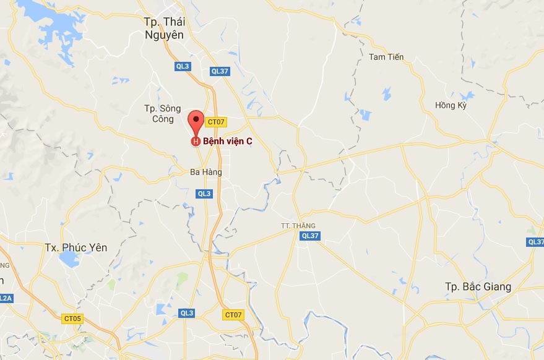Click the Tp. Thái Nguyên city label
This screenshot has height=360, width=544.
[164, 28]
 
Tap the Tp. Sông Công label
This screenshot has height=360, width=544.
[163, 114]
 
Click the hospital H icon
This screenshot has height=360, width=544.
[196, 142]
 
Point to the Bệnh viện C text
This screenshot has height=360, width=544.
[228, 141]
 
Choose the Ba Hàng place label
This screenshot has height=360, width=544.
[206, 172]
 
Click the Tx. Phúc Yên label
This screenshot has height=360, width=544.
[76, 247]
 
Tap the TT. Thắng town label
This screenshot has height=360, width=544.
[298, 226]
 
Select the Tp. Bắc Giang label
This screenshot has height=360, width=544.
[478, 286]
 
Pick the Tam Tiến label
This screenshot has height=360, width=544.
[386, 57]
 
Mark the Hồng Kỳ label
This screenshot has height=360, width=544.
[450, 105]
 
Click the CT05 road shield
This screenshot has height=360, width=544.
[72, 319]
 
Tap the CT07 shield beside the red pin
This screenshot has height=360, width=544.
[215, 122]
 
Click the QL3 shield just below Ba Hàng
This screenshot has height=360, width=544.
[204, 194]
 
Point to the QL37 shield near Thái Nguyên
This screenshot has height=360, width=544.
[220, 71]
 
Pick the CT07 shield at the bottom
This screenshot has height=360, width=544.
[233, 315]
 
